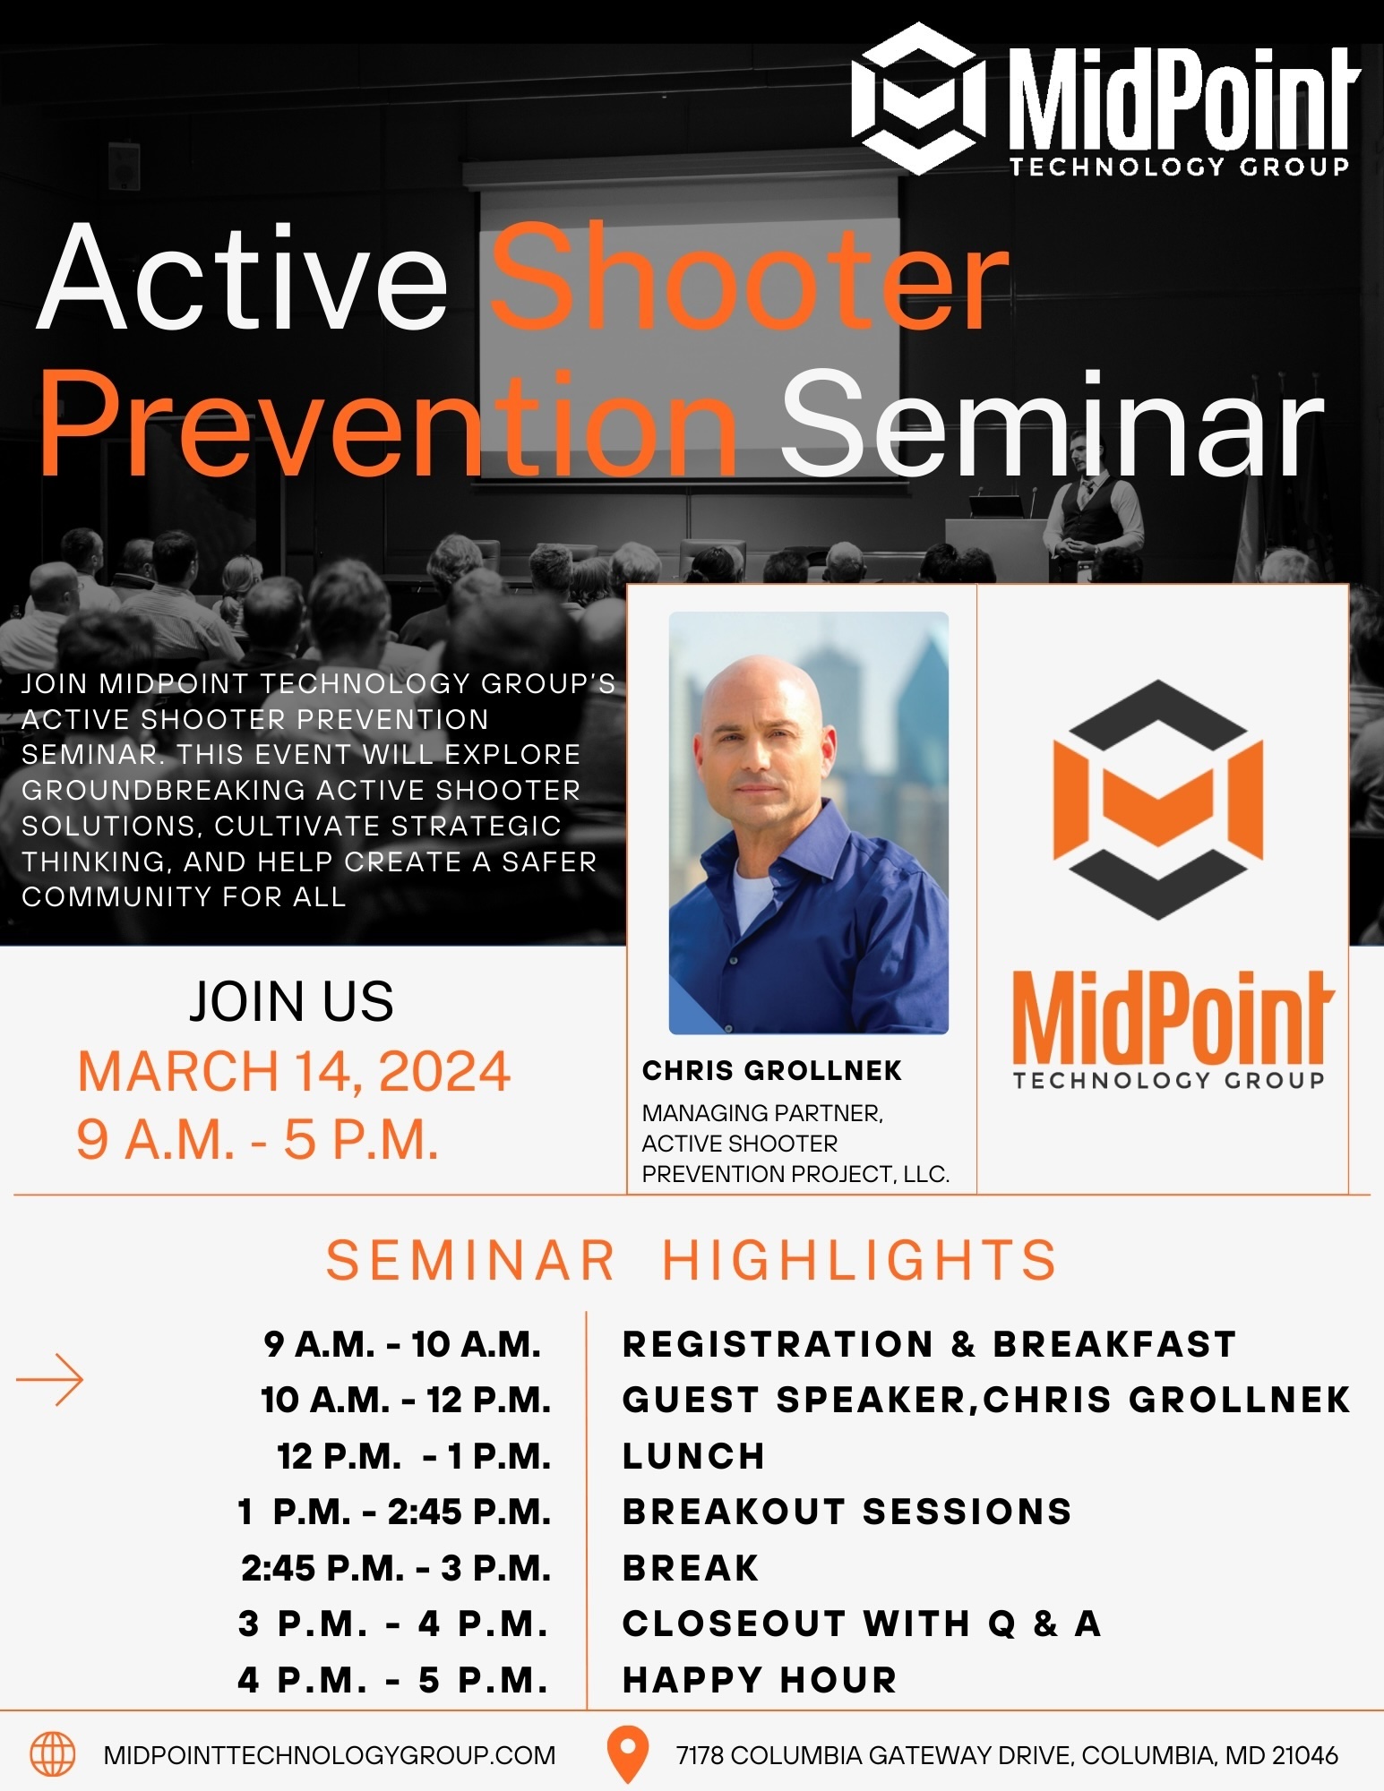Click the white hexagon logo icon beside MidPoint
pos(919,99)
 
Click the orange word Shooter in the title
pos(750,277)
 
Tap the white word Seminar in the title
pos(1052,424)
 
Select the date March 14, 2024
pos(294,1071)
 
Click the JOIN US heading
pos(291,1001)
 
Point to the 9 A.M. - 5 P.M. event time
pos(258,1139)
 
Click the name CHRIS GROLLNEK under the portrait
pos(771,1070)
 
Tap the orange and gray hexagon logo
pos(1158,799)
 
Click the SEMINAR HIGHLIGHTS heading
pos(691,1260)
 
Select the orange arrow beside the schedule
pos(50,1379)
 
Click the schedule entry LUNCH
pos(693,1456)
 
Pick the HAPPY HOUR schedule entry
pos(760,1680)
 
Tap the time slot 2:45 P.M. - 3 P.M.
pos(396,1568)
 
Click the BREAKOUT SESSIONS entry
pos(847,1512)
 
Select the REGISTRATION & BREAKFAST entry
pos(930,1344)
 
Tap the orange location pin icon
pos(628,1753)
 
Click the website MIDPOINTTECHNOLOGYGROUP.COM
pos(330,1755)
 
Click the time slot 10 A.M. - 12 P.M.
pos(406,1401)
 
